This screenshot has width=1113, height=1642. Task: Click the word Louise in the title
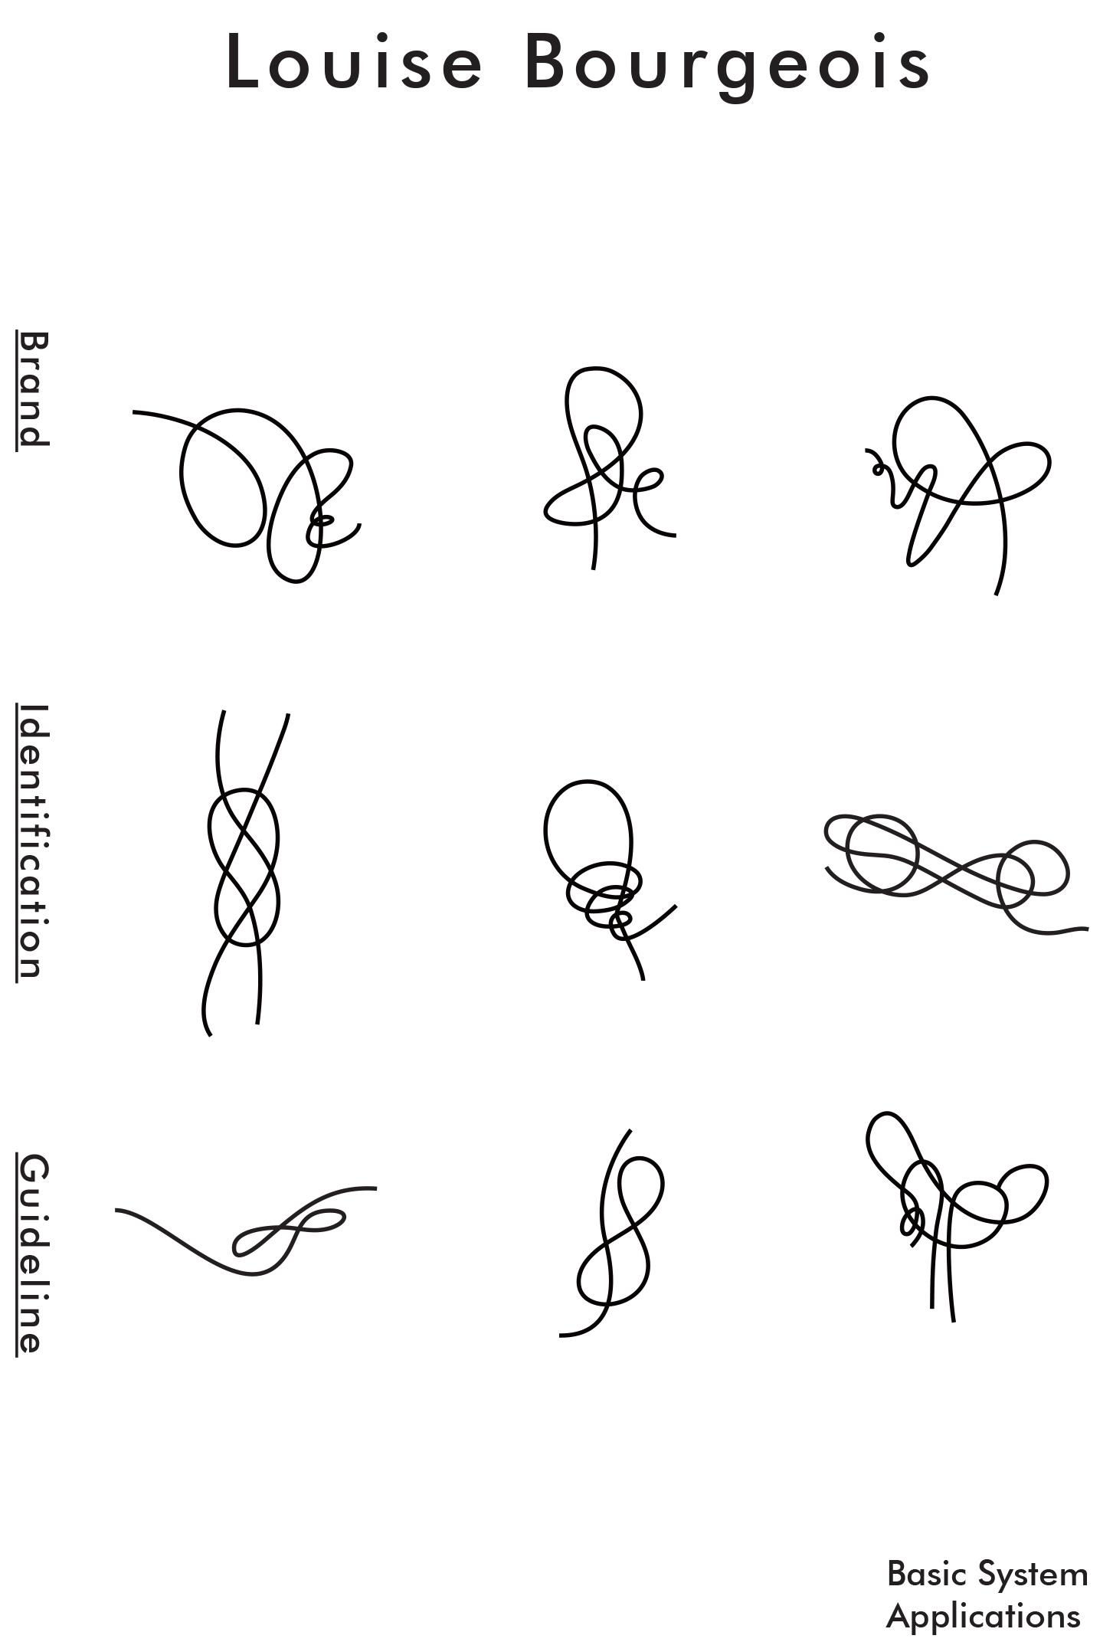tap(355, 61)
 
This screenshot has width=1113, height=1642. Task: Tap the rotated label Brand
tap(33, 389)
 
